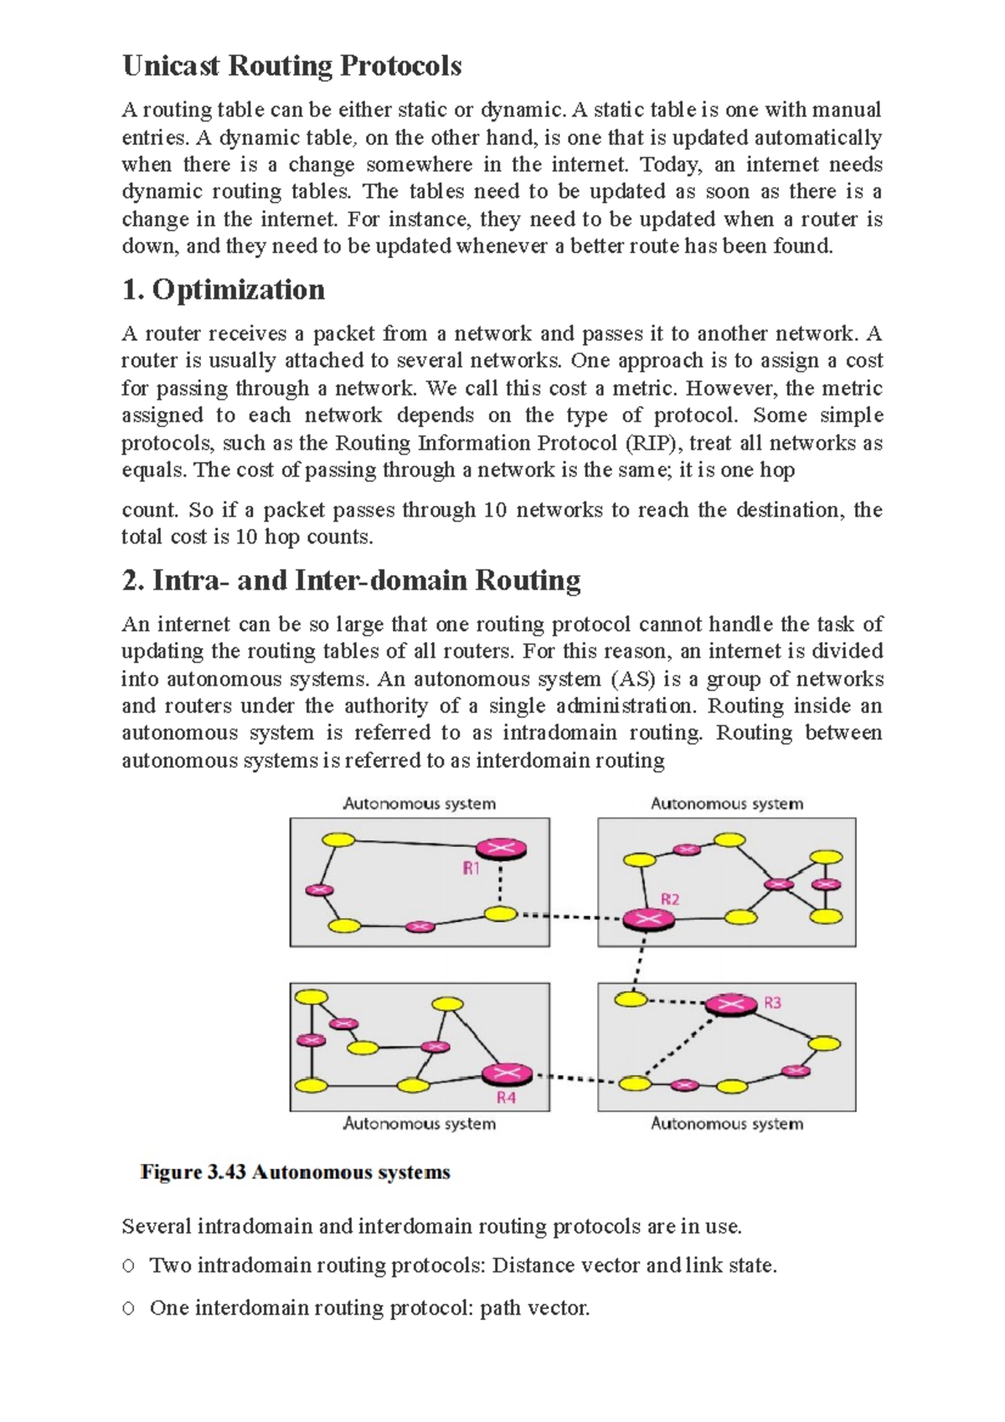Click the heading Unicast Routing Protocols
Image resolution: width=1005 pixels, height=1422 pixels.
tap(291, 66)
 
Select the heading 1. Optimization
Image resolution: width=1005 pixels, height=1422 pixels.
tap(223, 290)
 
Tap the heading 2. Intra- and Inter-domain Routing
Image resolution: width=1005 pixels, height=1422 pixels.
tap(351, 580)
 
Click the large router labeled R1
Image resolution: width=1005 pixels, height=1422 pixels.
tap(501, 849)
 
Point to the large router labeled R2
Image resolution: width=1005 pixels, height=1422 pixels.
tap(647, 920)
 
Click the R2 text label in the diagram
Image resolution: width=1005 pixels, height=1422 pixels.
tap(670, 899)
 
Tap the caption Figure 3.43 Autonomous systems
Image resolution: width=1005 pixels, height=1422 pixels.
tap(295, 1172)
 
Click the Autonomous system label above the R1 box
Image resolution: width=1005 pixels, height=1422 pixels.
tap(419, 804)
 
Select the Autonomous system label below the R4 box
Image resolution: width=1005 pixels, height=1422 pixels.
tap(419, 1124)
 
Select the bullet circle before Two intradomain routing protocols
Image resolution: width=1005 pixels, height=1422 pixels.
tap(128, 1266)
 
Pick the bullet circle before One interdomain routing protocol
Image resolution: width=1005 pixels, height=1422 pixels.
tap(128, 1308)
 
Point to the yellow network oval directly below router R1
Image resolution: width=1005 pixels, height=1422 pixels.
tap(500, 914)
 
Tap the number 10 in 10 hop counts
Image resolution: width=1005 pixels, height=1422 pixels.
tap(245, 537)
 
